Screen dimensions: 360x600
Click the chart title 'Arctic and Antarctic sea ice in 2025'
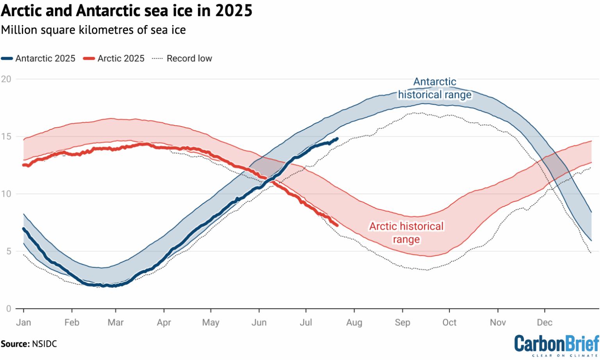pyautogui.click(x=127, y=11)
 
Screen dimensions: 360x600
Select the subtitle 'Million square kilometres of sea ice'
pyautogui.click(x=93, y=30)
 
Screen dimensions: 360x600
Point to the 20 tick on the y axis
pyautogui.click(x=6, y=79)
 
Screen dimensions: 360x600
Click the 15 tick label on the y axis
pyautogui.click(x=6, y=137)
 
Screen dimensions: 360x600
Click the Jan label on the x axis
pyautogui.click(x=23, y=323)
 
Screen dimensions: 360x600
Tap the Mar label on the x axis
pyautogui.click(x=116, y=323)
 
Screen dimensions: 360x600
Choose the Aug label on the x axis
pyautogui.click(x=354, y=323)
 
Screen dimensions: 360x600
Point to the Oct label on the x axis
pyautogui.click(x=449, y=323)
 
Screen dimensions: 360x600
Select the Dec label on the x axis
pyautogui.click(x=545, y=323)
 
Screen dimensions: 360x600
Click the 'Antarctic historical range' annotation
pyautogui.click(x=435, y=88)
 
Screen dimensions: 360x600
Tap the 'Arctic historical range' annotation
pyautogui.click(x=406, y=233)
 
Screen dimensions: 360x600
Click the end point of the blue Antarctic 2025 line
pyautogui.click(x=337, y=139)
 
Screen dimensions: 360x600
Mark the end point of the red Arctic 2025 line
pyautogui.click(x=337, y=225)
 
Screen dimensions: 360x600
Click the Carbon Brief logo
pyautogui.click(x=556, y=345)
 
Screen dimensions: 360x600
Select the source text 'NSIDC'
pyautogui.click(x=44, y=344)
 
